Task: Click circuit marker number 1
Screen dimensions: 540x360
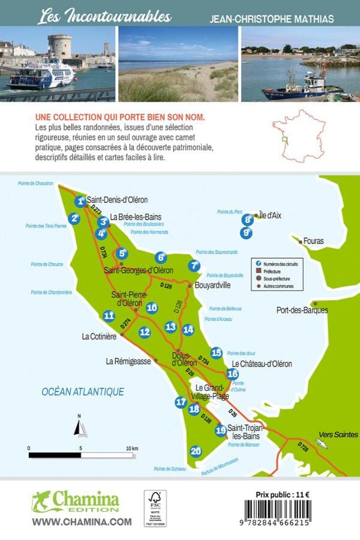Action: coord(80,202)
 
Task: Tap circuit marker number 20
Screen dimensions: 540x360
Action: coord(196,451)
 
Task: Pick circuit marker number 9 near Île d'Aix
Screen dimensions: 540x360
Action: coord(245,232)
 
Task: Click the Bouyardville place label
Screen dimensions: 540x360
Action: coord(213,286)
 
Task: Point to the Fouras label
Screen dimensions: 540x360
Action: coord(313,241)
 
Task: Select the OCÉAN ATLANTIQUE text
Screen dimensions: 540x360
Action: coord(83,392)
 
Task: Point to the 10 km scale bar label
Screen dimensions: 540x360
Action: coord(131,448)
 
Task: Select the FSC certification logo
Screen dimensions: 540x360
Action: coord(155,508)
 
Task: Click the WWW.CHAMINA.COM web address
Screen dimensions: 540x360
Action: coord(82,522)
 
